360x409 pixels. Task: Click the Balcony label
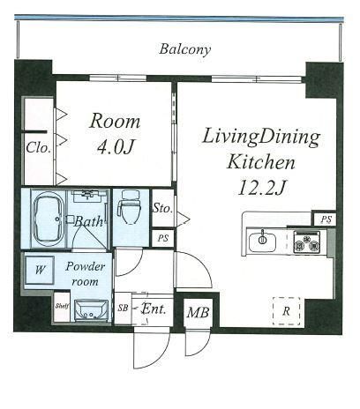[185, 49]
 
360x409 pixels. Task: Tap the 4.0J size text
[116, 146]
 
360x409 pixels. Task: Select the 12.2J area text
[261, 188]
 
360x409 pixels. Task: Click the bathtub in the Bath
[49, 219]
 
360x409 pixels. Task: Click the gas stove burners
[307, 242]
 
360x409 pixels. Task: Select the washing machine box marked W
[40, 270]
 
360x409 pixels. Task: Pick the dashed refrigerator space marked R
[287, 311]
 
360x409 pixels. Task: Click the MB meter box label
[198, 312]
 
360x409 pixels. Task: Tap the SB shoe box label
[123, 308]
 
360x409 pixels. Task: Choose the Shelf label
[62, 306]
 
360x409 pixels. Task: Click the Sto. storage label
[162, 208]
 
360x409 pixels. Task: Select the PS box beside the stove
[326, 219]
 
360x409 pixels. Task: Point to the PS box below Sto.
[162, 238]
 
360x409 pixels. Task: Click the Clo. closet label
[38, 147]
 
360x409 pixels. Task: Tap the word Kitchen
[260, 162]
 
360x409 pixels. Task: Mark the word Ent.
[154, 309]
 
